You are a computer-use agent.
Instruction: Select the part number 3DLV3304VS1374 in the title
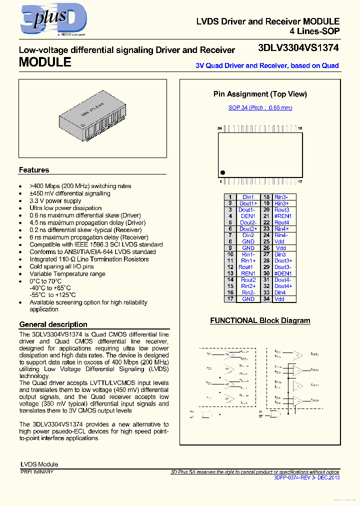[x=298, y=48]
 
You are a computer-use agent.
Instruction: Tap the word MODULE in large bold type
[x=45, y=62]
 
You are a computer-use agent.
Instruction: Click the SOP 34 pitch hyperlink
[x=260, y=107]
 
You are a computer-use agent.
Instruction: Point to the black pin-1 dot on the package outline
[x=222, y=172]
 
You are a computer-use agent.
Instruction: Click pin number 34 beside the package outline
[x=219, y=128]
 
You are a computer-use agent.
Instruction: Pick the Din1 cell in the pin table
[x=248, y=197]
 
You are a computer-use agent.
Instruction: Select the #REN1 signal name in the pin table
[x=282, y=216]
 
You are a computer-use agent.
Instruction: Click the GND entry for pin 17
[x=248, y=299]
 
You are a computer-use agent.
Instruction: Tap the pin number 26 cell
[x=266, y=248]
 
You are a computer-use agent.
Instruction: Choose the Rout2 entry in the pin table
[x=248, y=280]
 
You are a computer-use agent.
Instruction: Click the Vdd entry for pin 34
[x=279, y=299]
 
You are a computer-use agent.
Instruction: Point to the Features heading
[x=34, y=170]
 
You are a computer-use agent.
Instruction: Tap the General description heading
[x=53, y=324]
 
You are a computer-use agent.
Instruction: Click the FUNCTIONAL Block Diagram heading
[x=260, y=320]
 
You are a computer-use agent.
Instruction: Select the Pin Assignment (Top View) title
[x=260, y=94]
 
